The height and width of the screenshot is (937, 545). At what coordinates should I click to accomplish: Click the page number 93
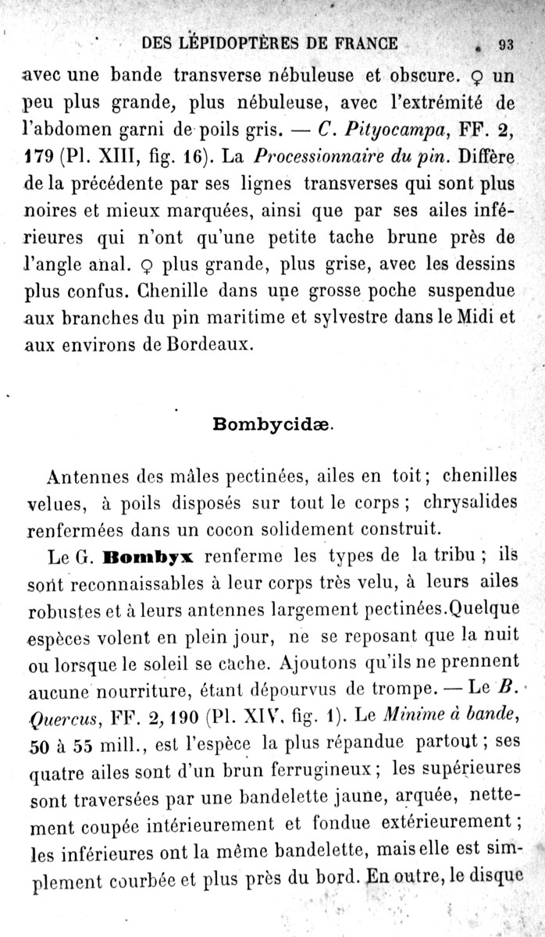(x=505, y=45)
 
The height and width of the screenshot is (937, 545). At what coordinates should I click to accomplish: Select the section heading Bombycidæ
(x=272, y=425)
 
